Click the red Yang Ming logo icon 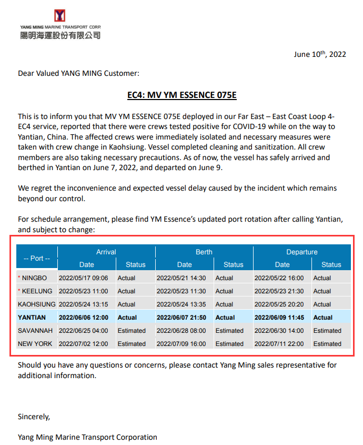(x=59, y=16)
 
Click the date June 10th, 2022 (x=320, y=54)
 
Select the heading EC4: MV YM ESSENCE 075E (x=182, y=95)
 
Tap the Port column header (x=37, y=258)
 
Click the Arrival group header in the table (x=106, y=252)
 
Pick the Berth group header (x=204, y=252)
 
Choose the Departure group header (x=302, y=252)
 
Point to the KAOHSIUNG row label (x=37, y=304)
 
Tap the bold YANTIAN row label (x=32, y=318)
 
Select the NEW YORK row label (x=35, y=344)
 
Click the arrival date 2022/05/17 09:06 (x=84, y=278)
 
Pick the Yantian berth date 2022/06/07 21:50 (x=181, y=318)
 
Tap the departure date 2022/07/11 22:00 (x=279, y=344)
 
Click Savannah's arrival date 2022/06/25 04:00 (x=84, y=331)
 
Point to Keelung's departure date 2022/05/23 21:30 (x=279, y=291)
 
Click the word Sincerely (x=34, y=417)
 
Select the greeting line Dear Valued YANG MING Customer (x=78, y=73)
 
